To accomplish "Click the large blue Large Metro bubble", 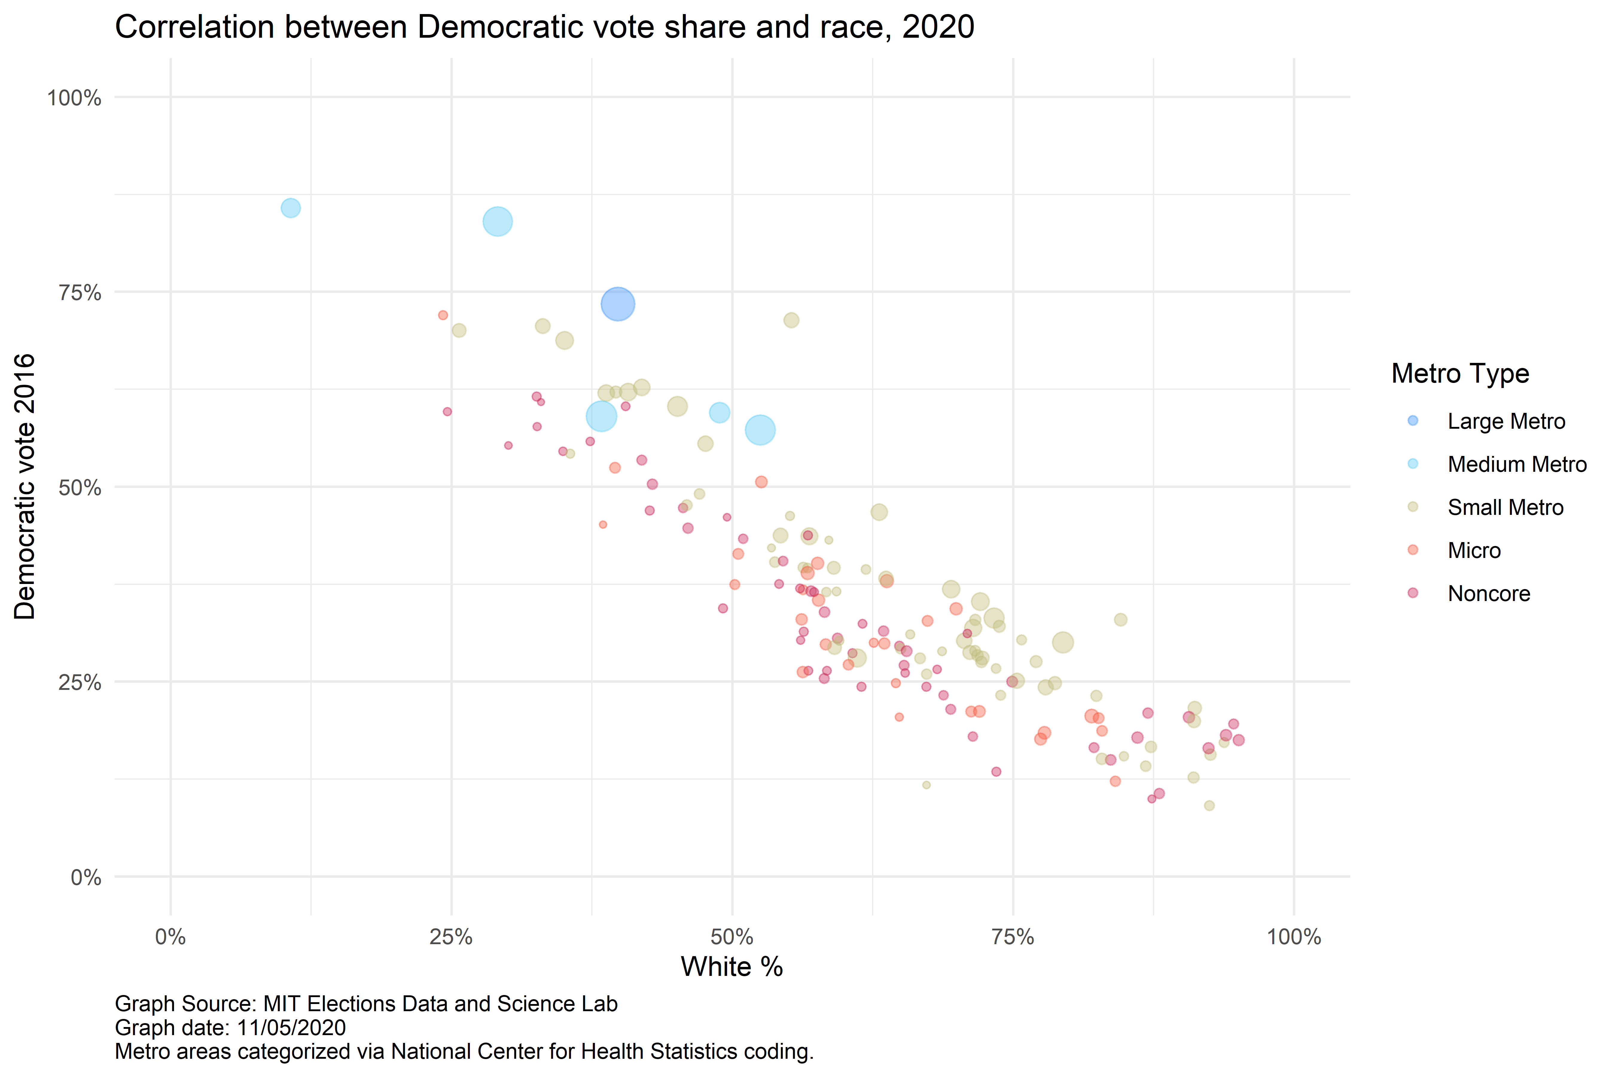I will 617,304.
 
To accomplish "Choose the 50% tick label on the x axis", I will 732,937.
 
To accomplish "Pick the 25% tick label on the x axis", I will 451,937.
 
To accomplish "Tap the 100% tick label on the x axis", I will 1294,937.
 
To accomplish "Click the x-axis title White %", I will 732,967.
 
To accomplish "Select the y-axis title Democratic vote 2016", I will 25,486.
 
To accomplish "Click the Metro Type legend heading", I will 1460,374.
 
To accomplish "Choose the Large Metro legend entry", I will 1506,421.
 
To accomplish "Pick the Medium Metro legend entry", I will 1517,464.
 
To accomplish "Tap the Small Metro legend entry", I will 1505,508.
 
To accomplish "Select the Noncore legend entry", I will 1489,594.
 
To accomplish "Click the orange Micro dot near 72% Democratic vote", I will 443,315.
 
